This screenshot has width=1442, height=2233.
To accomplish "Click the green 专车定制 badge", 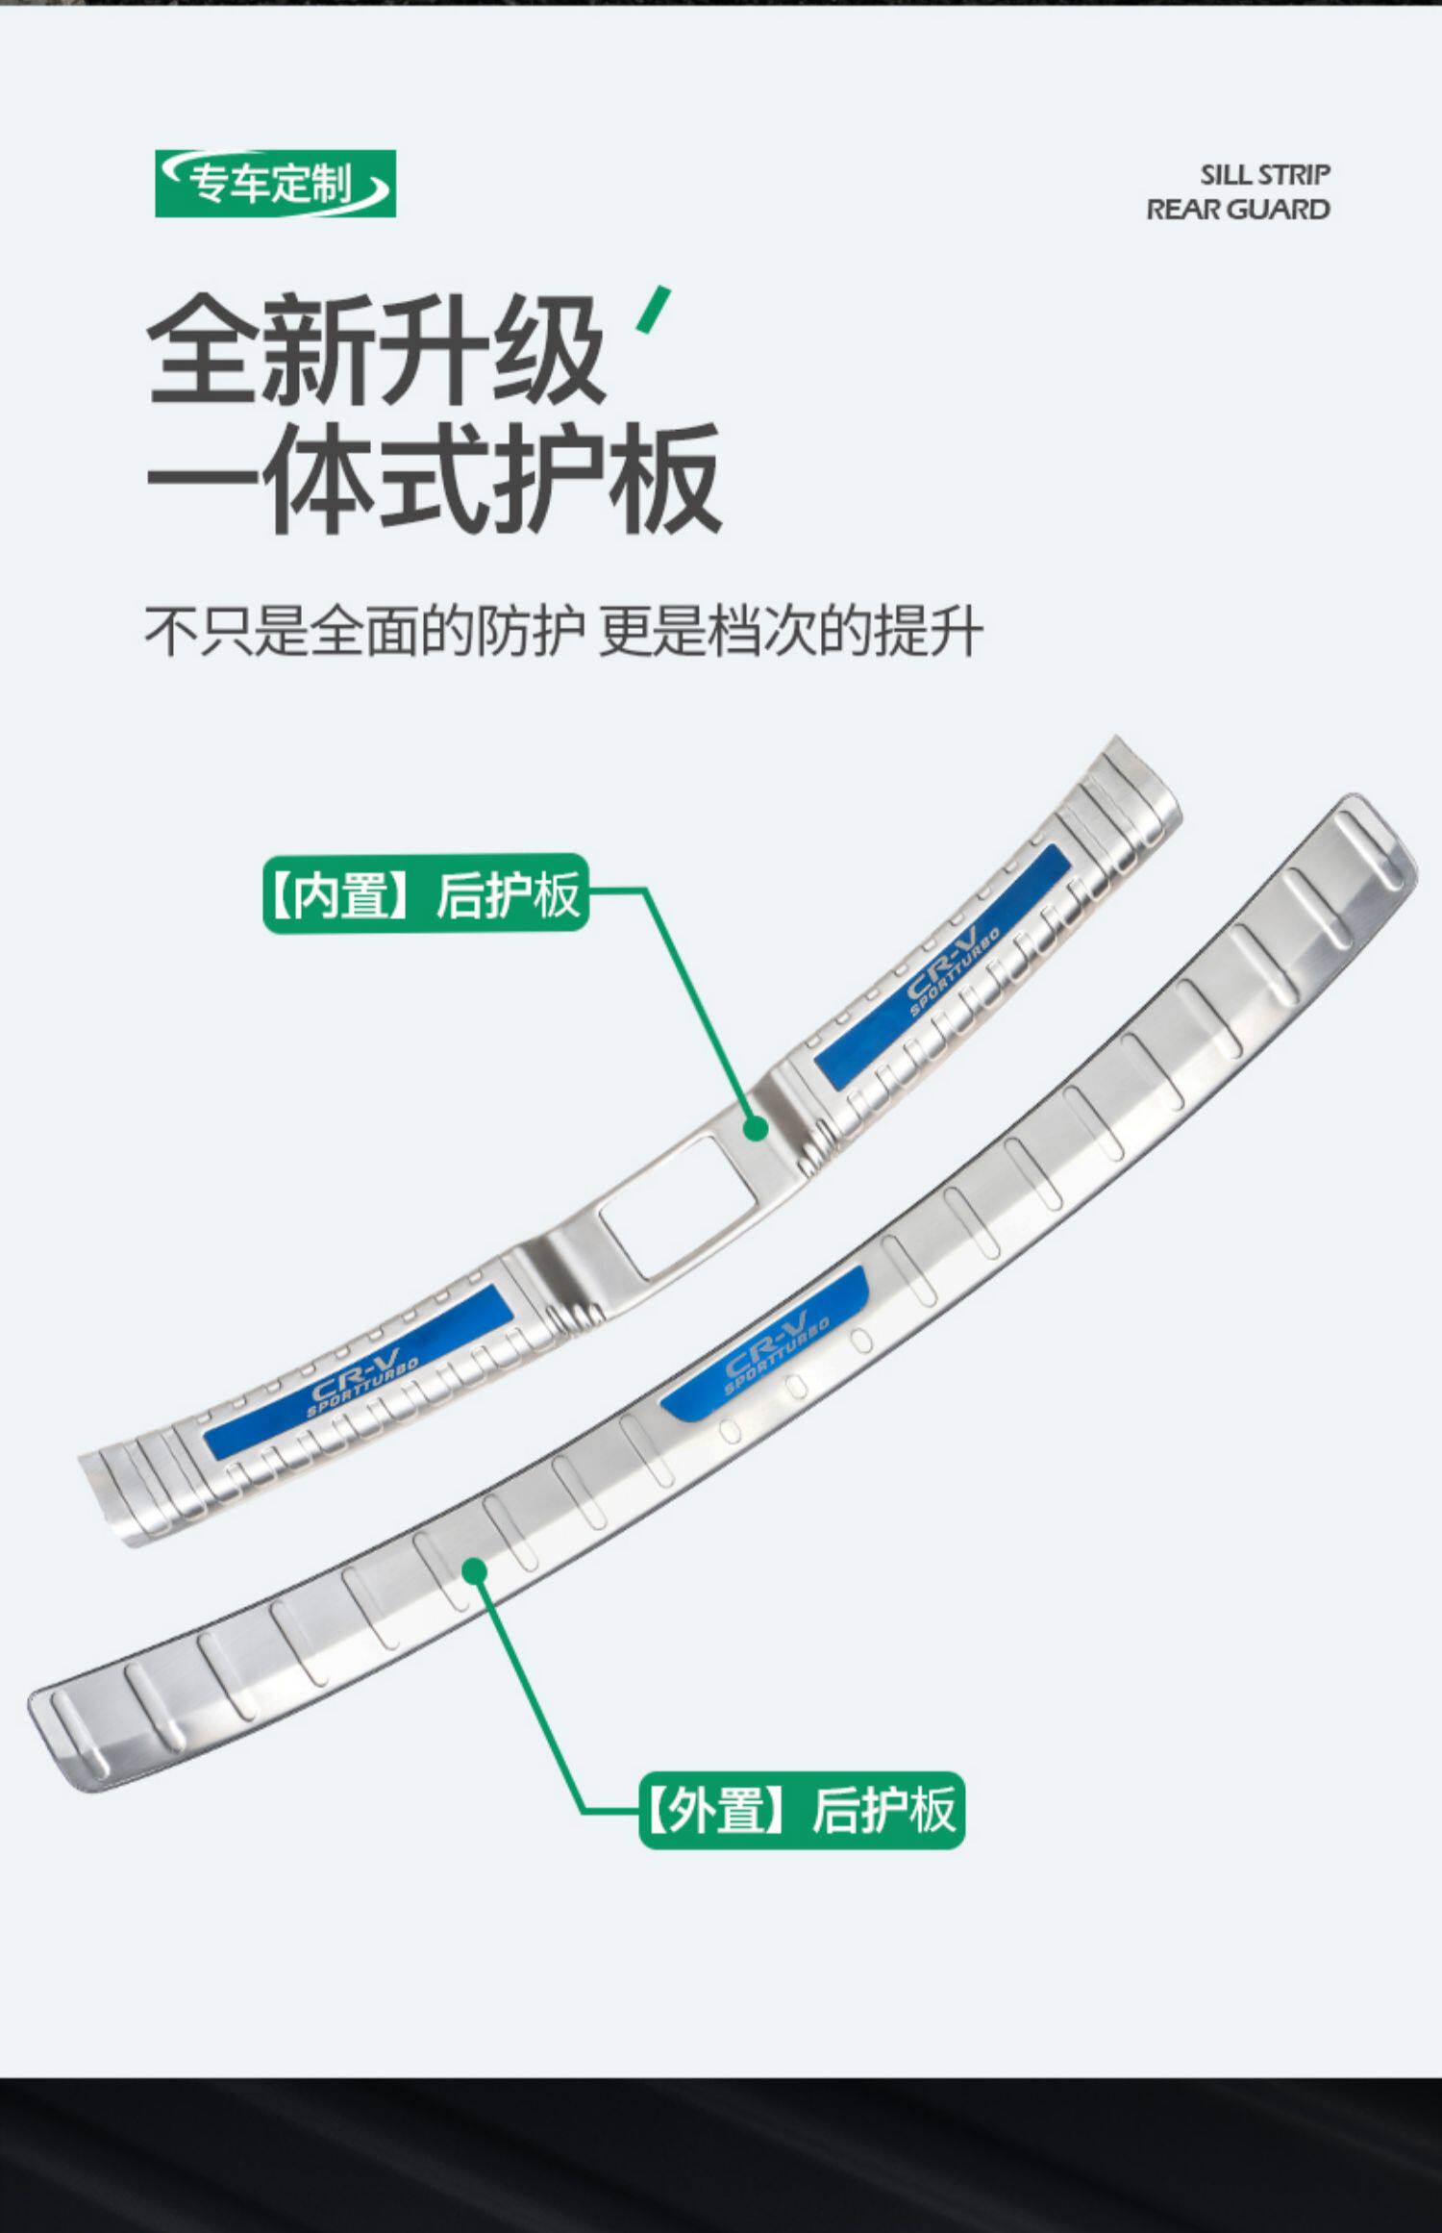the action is click(275, 183).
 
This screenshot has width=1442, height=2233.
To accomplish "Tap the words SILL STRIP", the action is click(1264, 175).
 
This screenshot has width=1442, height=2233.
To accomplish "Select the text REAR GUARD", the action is click(1237, 210).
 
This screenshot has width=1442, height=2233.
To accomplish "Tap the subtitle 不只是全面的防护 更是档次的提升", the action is click(563, 632).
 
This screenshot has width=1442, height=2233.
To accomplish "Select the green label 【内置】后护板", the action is click(425, 893).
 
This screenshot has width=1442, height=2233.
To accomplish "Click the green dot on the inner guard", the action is click(757, 1128).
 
